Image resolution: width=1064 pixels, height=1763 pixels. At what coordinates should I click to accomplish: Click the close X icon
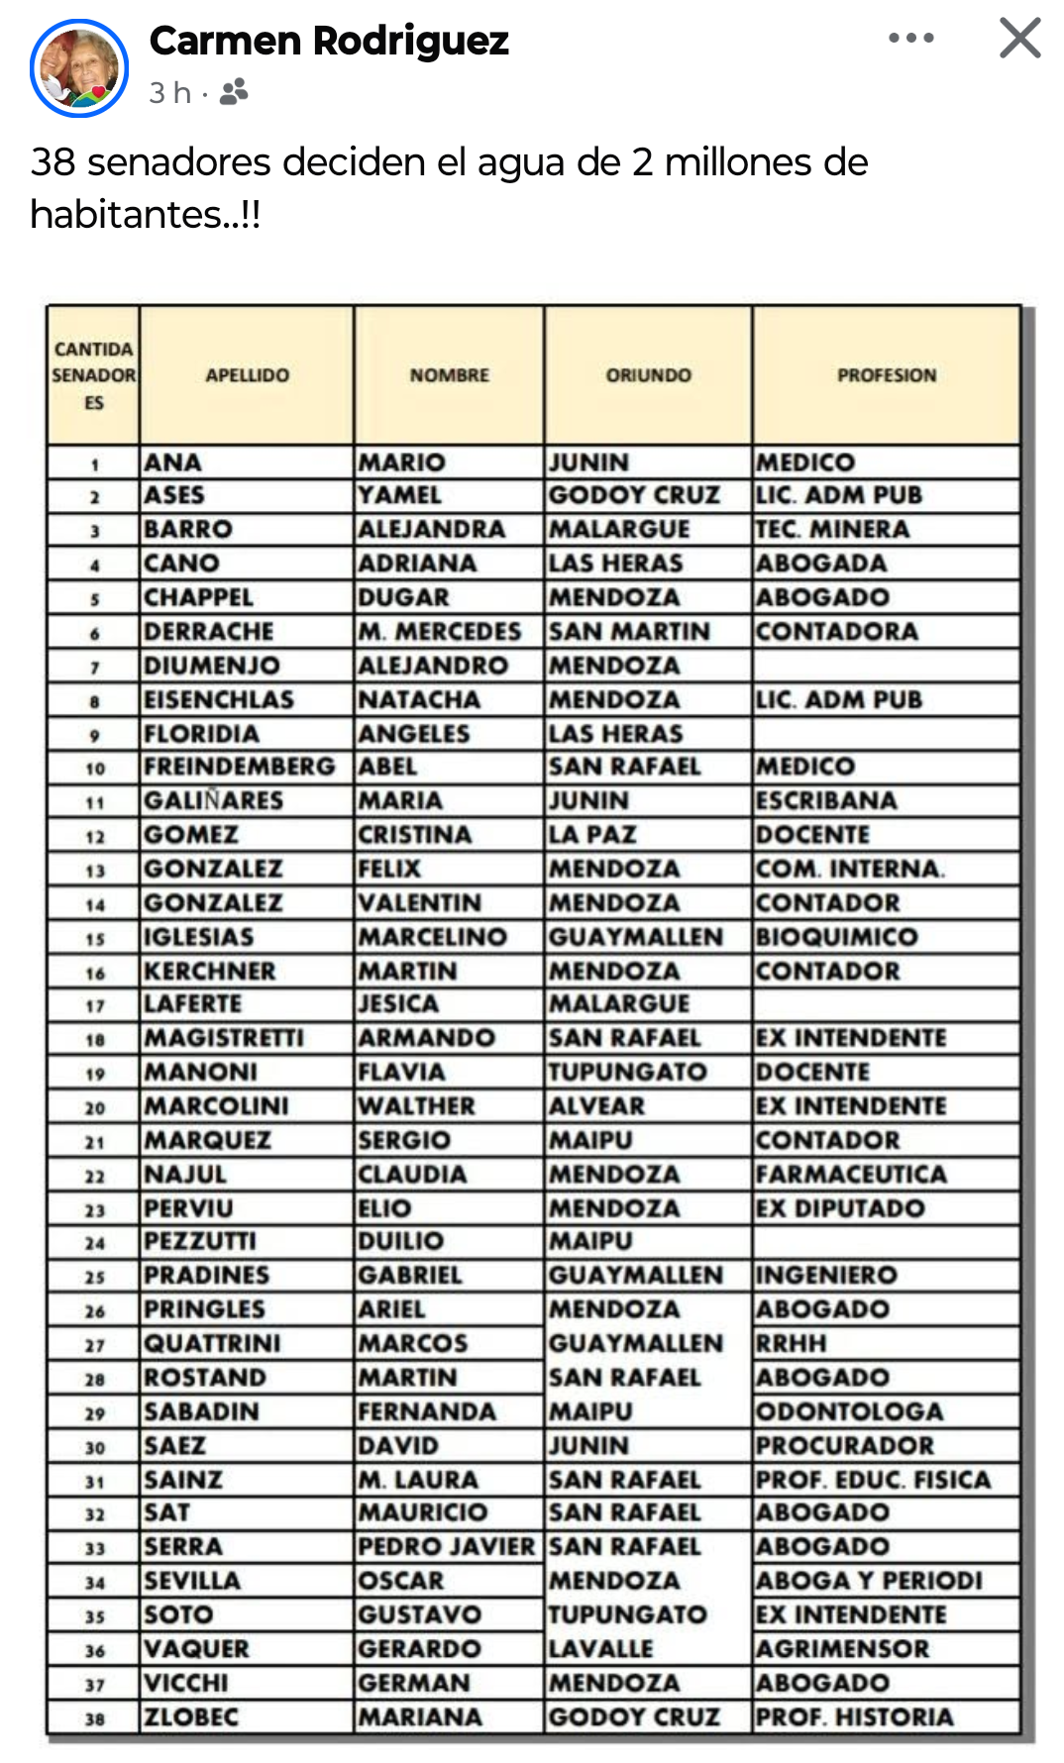point(1019,39)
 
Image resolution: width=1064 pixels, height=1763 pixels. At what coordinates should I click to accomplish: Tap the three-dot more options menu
point(910,39)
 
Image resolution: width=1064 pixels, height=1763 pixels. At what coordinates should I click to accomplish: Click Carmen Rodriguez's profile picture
point(79,67)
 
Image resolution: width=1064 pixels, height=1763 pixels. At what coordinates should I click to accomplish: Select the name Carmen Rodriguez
point(329,42)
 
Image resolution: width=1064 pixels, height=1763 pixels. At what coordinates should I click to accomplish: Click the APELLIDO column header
point(248,375)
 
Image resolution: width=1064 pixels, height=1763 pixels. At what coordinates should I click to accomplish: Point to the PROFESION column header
point(887,375)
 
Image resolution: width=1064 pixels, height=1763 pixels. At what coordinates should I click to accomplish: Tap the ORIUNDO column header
point(649,375)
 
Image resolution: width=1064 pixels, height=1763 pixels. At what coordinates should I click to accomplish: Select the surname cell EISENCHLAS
point(219,699)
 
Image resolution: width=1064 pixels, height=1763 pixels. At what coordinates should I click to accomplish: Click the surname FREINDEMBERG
point(240,767)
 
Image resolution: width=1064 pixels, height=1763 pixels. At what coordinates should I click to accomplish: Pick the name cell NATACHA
point(419,699)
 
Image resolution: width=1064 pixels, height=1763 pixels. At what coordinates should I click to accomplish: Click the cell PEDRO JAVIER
point(447,1546)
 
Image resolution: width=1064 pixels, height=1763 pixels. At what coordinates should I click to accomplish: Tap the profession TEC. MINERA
point(832,529)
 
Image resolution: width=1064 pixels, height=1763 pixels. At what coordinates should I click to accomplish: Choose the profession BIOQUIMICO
point(837,936)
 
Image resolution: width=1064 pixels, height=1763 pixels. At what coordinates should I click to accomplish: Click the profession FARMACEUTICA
point(851,1174)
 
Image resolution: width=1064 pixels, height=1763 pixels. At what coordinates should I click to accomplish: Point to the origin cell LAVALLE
point(600,1648)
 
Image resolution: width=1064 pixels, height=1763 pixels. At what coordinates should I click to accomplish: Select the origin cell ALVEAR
point(596,1105)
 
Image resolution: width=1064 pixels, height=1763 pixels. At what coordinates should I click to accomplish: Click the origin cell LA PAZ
point(592,834)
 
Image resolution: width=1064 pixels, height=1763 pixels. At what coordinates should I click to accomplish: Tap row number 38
point(94,1718)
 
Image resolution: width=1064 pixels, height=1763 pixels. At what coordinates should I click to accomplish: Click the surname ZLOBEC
point(191,1716)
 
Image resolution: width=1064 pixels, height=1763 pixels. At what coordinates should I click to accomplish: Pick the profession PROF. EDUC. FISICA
point(873,1479)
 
